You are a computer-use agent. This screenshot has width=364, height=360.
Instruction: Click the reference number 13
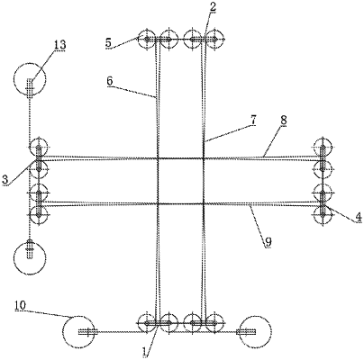coord(59,45)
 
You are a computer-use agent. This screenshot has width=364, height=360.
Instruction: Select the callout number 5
coord(107,42)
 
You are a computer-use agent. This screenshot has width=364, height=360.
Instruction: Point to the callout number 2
coord(212,7)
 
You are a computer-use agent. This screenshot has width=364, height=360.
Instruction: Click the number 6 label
coord(110,80)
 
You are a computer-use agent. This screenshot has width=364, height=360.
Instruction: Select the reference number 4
coord(358,216)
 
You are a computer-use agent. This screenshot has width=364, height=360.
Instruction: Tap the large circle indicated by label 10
coord(79,332)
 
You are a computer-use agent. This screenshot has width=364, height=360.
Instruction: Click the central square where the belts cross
coord(181,181)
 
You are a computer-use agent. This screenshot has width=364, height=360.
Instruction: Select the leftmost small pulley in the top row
coord(148,40)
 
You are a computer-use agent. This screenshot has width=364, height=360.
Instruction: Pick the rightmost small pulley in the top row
coord(213,40)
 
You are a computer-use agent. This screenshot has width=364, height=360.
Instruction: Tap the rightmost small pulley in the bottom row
coord(213,322)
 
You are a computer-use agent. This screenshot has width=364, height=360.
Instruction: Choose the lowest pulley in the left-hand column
coord(38,214)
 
